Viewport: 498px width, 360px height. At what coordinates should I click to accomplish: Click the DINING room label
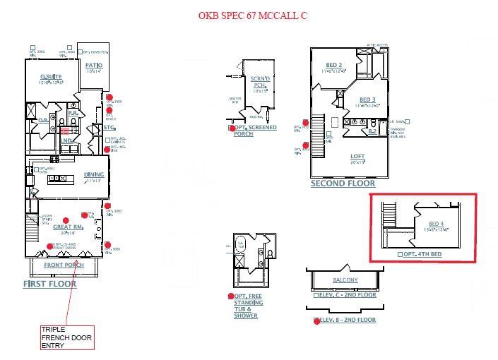[x=94, y=174]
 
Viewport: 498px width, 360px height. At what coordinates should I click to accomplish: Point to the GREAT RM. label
[x=73, y=227]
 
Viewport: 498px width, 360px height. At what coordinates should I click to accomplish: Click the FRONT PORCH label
[x=64, y=265]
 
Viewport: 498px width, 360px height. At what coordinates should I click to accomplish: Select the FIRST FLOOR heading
[x=49, y=284]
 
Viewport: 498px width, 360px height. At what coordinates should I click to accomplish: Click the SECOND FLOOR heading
[x=343, y=184]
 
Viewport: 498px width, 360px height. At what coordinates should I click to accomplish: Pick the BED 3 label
[x=367, y=100]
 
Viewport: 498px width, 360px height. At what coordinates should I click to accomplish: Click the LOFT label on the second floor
[x=358, y=156]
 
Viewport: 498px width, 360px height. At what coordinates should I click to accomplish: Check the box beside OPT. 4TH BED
[x=400, y=253]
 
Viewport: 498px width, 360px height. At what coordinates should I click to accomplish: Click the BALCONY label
[x=345, y=280]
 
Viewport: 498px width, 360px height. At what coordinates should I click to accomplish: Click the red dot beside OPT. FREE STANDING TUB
[x=231, y=296]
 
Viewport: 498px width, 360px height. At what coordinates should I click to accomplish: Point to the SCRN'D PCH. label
[x=260, y=82]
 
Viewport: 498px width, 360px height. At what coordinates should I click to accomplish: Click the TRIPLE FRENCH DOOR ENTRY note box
[x=63, y=337]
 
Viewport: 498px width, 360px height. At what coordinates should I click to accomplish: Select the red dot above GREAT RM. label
[x=66, y=220]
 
